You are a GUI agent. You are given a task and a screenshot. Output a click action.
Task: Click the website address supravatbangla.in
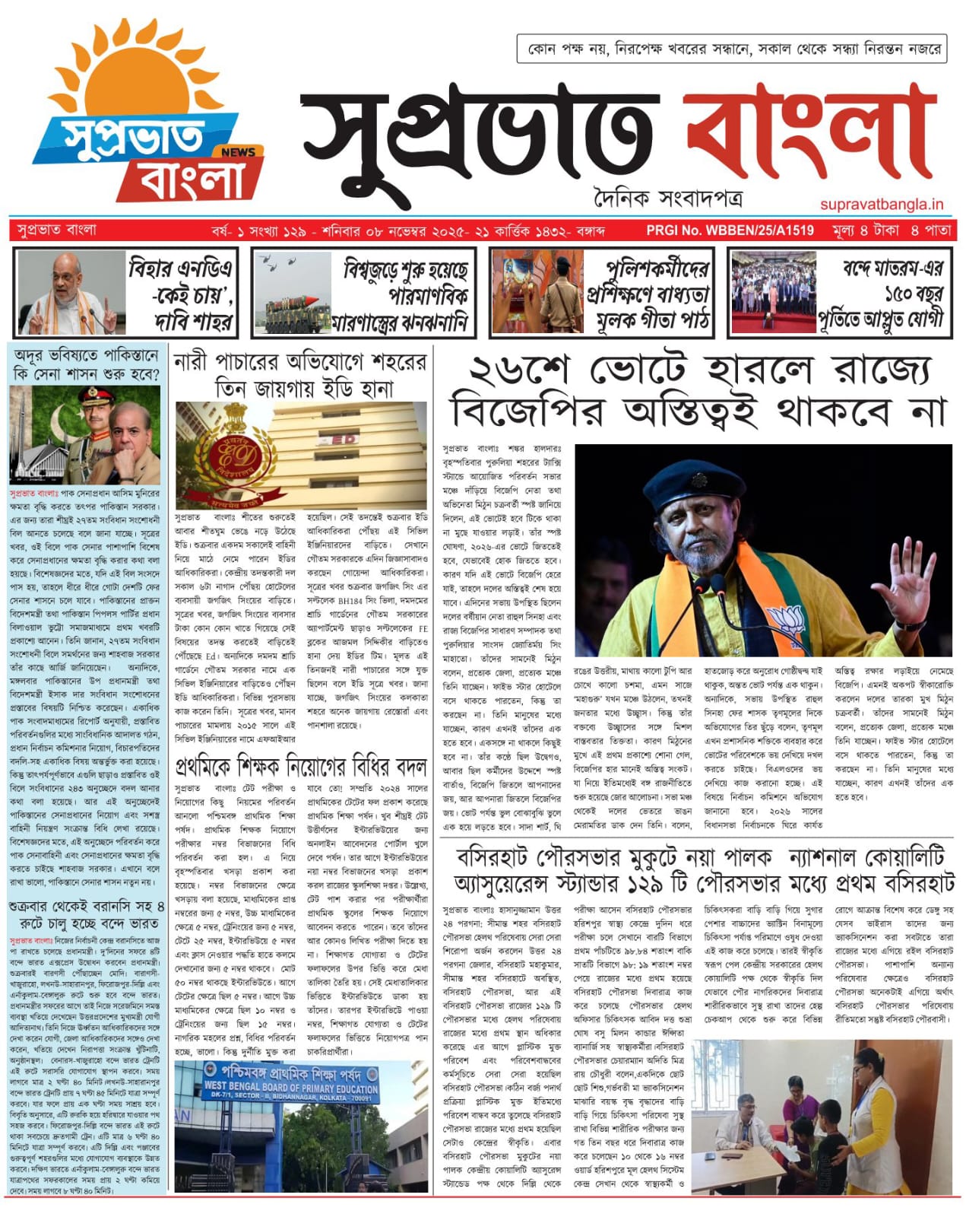pos(882,204)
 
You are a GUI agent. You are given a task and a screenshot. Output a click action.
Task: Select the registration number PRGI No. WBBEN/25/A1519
pos(730,230)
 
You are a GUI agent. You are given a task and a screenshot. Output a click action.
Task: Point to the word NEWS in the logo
pos(238,151)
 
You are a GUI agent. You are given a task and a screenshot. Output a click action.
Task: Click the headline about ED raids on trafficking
pos(301,375)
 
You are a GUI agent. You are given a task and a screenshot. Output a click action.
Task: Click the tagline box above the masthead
pos(730,49)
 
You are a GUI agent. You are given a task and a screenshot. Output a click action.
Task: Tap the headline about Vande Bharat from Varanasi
pos(87,914)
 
